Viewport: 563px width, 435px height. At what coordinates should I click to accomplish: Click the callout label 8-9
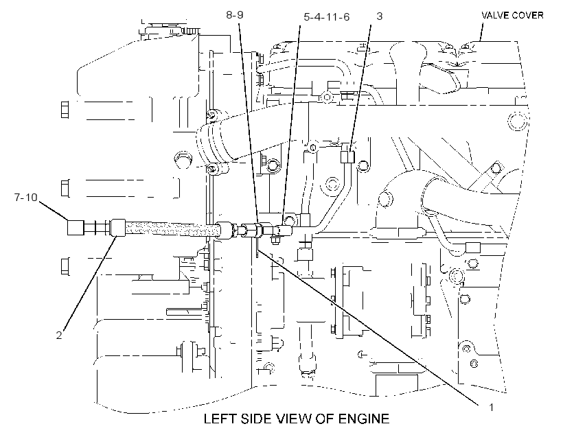pos(234,14)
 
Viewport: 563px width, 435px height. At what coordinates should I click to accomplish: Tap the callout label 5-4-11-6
pos(326,17)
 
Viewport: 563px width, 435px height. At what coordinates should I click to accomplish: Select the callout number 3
pos(379,16)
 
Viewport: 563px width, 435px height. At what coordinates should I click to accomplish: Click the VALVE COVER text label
pos(512,15)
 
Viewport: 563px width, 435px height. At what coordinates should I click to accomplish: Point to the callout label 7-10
pos(26,197)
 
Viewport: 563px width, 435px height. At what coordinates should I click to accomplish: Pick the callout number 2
pos(59,335)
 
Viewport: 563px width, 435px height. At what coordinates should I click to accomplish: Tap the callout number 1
pos(491,408)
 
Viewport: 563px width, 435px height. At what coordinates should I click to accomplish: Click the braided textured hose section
pos(171,228)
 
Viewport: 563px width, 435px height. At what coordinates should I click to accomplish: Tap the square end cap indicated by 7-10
pos(76,228)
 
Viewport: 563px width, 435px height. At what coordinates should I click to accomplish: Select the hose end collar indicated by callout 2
pos(118,228)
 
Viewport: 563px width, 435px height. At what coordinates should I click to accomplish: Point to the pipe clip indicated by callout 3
pos(347,157)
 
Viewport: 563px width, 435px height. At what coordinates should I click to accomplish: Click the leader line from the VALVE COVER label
pos(481,32)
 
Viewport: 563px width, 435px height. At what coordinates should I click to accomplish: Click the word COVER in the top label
pos(528,15)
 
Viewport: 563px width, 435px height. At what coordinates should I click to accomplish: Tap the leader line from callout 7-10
pos(53,211)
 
